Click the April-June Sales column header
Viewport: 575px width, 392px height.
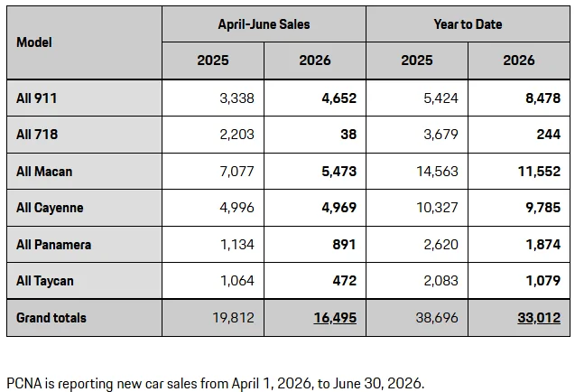click(x=264, y=24)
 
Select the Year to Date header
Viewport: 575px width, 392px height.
click(x=468, y=24)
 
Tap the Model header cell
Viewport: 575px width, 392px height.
click(x=34, y=42)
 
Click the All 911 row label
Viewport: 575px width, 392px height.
click(x=37, y=98)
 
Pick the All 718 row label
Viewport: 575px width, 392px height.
click(x=37, y=134)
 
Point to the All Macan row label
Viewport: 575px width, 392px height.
click(x=44, y=172)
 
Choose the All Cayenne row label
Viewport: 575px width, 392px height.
click(x=50, y=208)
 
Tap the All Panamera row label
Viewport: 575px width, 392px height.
click(x=53, y=245)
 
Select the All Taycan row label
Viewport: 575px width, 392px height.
click(x=45, y=281)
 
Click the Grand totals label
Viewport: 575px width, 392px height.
click(x=51, y=318)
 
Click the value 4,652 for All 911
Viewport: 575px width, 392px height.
click(x=339, y=98)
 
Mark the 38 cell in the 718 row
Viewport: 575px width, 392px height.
click(x=348, y=134)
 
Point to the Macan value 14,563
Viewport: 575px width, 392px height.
click(x=437, y=172)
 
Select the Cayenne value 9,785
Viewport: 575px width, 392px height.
click(x=543, y=208)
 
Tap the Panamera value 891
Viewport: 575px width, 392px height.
click(x=344, y=245)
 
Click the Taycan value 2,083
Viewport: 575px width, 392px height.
click(x=441, y=281)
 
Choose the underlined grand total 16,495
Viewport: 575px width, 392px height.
click(x=335, y=318)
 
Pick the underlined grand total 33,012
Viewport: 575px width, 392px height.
click(x=539, y=318)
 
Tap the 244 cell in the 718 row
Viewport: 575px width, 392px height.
click(x=549, y=134)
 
